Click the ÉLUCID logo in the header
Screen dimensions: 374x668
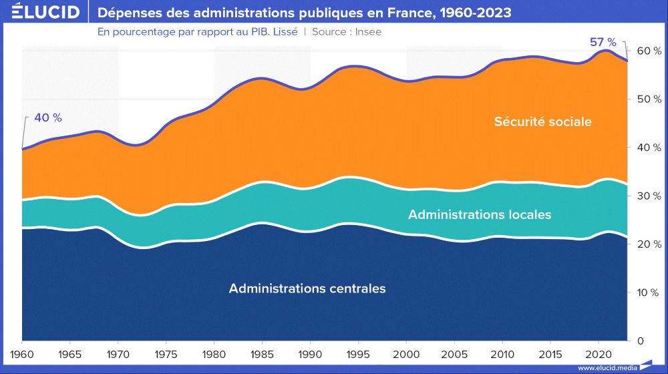41,12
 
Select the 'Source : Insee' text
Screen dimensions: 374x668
347,31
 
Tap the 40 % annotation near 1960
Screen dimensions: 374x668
47,118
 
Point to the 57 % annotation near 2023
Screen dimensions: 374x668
603,42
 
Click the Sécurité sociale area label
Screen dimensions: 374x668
542,122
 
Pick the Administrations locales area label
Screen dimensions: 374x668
480,214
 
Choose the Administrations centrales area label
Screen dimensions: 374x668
307,289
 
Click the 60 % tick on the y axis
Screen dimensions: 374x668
649,51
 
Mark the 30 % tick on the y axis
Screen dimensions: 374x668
649,196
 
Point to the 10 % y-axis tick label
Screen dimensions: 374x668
649,293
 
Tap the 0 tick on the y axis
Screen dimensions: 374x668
641,341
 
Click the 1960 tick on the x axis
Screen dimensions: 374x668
22,353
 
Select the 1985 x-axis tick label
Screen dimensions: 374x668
262,353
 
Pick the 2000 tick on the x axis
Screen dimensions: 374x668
405,353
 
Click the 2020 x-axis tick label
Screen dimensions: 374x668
597,353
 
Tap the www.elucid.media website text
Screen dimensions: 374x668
606,367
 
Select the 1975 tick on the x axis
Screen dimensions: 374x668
166,353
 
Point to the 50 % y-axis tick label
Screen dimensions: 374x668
649,99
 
